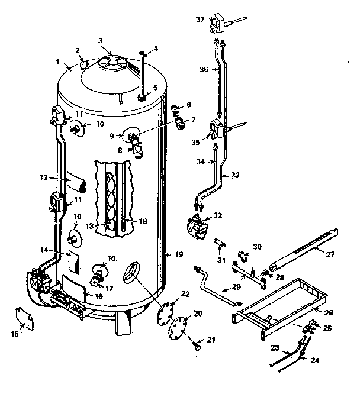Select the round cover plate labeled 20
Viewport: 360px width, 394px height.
pyautogui.click(x=177, y=327)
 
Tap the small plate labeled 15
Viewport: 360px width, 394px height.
pyautogui.click(x=24, y=317)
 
